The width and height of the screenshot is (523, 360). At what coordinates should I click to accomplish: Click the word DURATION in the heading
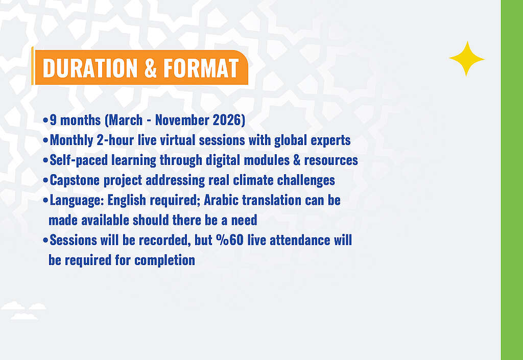(90, 68)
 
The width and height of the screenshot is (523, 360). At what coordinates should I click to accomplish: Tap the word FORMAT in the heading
(201, 68)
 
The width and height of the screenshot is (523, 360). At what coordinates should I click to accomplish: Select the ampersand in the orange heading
(151, 68)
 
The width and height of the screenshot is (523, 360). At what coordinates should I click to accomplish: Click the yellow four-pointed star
(467, 59)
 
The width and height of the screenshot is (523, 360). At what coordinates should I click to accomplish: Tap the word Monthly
(72, 140)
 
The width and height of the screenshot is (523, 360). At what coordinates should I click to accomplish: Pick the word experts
(330, 140)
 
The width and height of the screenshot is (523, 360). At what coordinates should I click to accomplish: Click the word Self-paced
(79, 160)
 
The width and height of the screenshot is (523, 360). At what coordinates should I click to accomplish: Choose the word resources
(331, 160)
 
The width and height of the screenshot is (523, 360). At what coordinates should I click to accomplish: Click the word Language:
(77, 200)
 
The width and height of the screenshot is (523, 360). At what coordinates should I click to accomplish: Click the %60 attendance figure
(230, 240)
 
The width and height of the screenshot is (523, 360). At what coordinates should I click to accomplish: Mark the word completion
(165, 260)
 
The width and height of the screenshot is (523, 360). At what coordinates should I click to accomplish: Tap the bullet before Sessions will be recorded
(45, 240)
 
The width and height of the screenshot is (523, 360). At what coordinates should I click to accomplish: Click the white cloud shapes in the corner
(23, 310)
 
